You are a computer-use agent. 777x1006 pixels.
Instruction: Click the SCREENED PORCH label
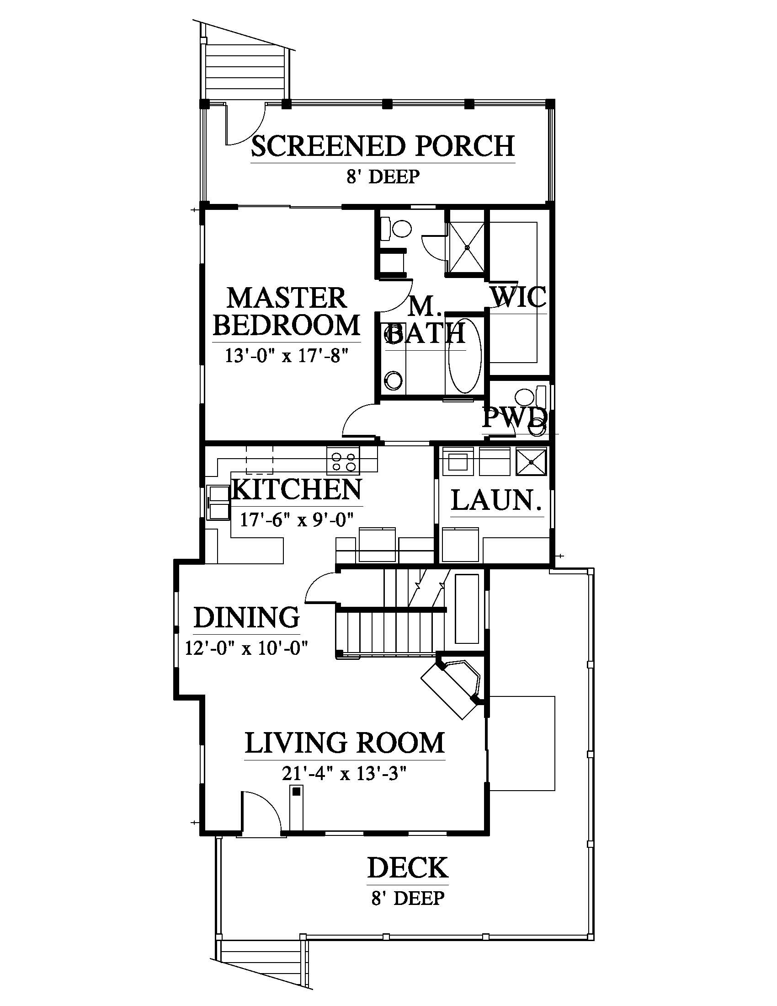(383, 146)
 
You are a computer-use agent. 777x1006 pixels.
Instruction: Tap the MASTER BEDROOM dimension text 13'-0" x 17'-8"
(286, 356)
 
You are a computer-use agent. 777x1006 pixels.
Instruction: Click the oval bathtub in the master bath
(464, 355)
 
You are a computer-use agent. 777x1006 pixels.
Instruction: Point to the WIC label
(519, 297)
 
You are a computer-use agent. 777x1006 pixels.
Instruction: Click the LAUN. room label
(496, 500)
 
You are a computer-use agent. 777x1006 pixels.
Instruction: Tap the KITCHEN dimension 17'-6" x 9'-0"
(297, 519)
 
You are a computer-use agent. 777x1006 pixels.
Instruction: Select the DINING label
(247, 618)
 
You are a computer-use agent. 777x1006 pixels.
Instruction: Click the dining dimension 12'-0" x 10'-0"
(246, 647)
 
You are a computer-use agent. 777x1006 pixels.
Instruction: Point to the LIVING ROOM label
(345, 743)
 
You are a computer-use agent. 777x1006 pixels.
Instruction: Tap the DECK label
(408, 868)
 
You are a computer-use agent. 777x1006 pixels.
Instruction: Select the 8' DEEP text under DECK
(408, 898)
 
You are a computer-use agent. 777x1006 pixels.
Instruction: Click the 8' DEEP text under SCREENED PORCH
(383, 177)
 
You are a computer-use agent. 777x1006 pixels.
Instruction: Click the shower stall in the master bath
(467, 247)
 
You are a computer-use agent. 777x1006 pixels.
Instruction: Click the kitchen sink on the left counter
(218, 503)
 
